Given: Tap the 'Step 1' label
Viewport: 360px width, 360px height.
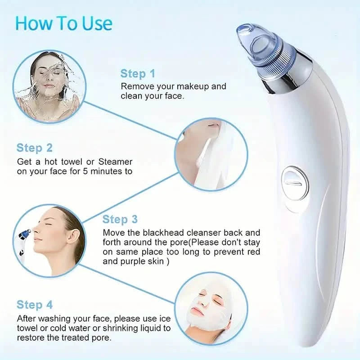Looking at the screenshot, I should (138, 73).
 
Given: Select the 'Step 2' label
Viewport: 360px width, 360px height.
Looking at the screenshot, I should (35, 148).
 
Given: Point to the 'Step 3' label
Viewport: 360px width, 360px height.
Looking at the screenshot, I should (120, 219).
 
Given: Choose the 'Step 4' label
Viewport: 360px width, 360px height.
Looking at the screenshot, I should (35, 305).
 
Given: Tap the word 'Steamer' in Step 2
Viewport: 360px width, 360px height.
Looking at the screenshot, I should (117, 161).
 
